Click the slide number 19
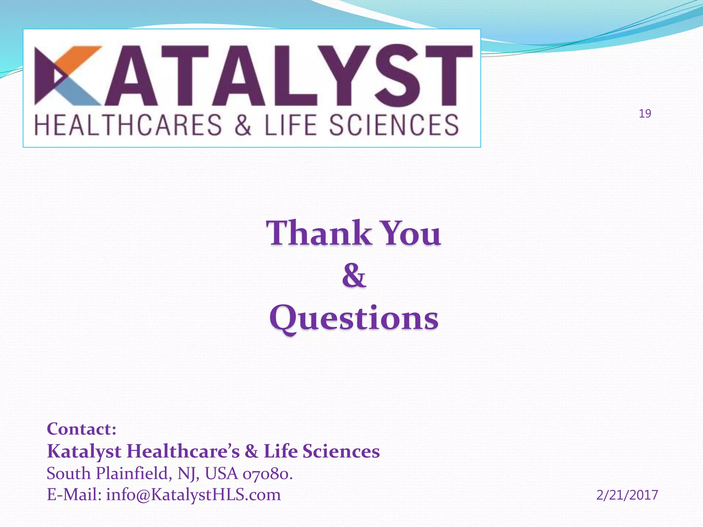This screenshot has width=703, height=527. [645, 114]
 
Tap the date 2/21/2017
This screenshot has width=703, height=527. [627, 495]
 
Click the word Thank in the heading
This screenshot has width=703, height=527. [319, 233]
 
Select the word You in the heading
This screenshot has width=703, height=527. [411, 233]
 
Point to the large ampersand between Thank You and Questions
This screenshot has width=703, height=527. [354, 276]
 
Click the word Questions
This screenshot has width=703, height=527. [354, 318]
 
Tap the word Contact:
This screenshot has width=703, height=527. [82, 429]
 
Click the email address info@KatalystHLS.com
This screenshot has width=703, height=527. [193, 495]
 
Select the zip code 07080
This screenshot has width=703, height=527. [267, 474]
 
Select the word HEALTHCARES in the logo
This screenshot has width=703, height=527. [128, 125]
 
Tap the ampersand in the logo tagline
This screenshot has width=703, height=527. [243, 125]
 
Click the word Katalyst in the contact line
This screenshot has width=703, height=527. [84, 451]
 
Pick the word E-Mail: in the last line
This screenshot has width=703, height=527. [74, 495]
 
